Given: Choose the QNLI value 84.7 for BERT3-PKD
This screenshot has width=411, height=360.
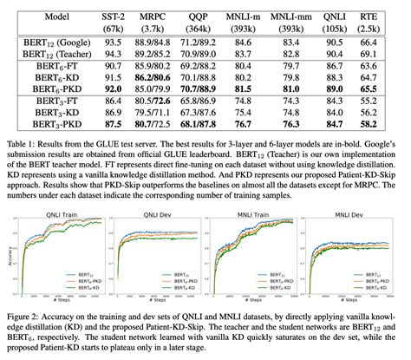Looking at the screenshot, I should [353, 125].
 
